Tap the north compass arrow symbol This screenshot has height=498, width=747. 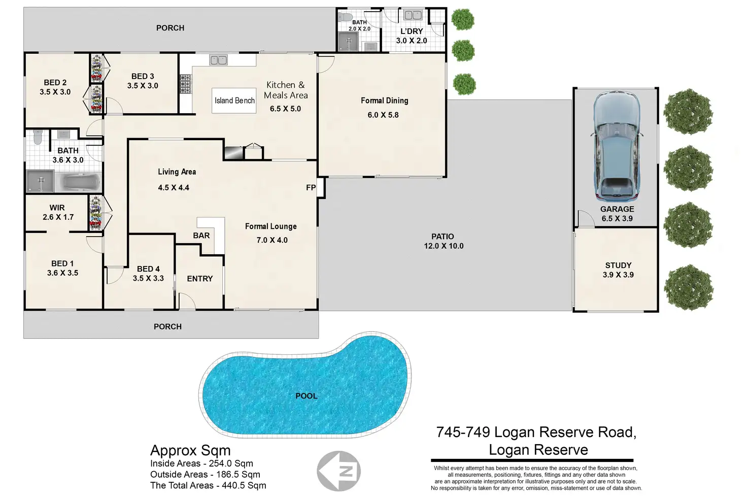(x=339, y=471)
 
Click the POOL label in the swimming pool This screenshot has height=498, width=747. (x=307, y=396)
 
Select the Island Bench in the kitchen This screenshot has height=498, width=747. (x=234, y=101)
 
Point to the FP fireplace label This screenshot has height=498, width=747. (x=311, y=188)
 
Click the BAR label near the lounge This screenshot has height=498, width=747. (x=201, y=236)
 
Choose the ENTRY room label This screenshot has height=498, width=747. (x=200, y=279)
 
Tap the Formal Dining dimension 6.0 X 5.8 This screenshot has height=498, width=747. (x=383, y=115)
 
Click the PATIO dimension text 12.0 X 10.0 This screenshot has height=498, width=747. (x=444, y=246)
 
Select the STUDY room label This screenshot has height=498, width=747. (x=618, y=265)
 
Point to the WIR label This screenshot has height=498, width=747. (x=57, y=208)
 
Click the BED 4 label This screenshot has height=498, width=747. (x=148, y=269)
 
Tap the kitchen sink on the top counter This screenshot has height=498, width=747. (x=219, y=60)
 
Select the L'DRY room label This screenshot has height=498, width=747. (x=412, y=31)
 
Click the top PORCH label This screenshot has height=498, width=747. (x=171, y=28)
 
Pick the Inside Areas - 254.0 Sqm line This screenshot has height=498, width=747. (x=201, y=463)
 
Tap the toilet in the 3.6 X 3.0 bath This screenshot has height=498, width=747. (x=37, y=138)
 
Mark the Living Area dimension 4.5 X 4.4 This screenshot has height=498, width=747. (x=174, y=188)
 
